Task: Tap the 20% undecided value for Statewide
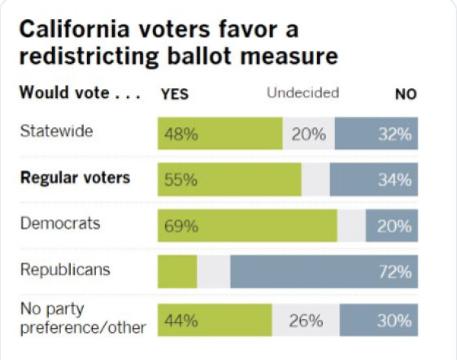click(308, 135)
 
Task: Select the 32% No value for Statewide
click(396, 135)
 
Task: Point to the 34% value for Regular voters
click(396, 180)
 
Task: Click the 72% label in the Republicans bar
click(396, 271)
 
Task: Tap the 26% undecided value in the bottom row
click(305, 320)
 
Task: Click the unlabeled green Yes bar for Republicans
click(177, 271)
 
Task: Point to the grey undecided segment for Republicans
click(213, 271)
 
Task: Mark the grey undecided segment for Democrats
click(351, 226)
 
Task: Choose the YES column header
click(174, 94)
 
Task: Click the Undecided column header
click(302, 93)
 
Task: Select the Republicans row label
click(65, 269)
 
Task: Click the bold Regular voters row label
click(75, 178)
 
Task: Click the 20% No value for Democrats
click(396, 226)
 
